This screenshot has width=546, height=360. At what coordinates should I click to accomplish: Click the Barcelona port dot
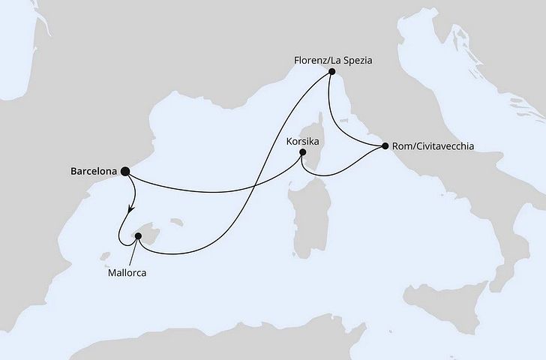[x=124, y=171]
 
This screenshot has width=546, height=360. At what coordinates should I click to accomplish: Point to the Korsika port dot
[x=302, y=153]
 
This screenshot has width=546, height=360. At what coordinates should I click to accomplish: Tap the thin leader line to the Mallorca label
[x=133, y=253]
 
